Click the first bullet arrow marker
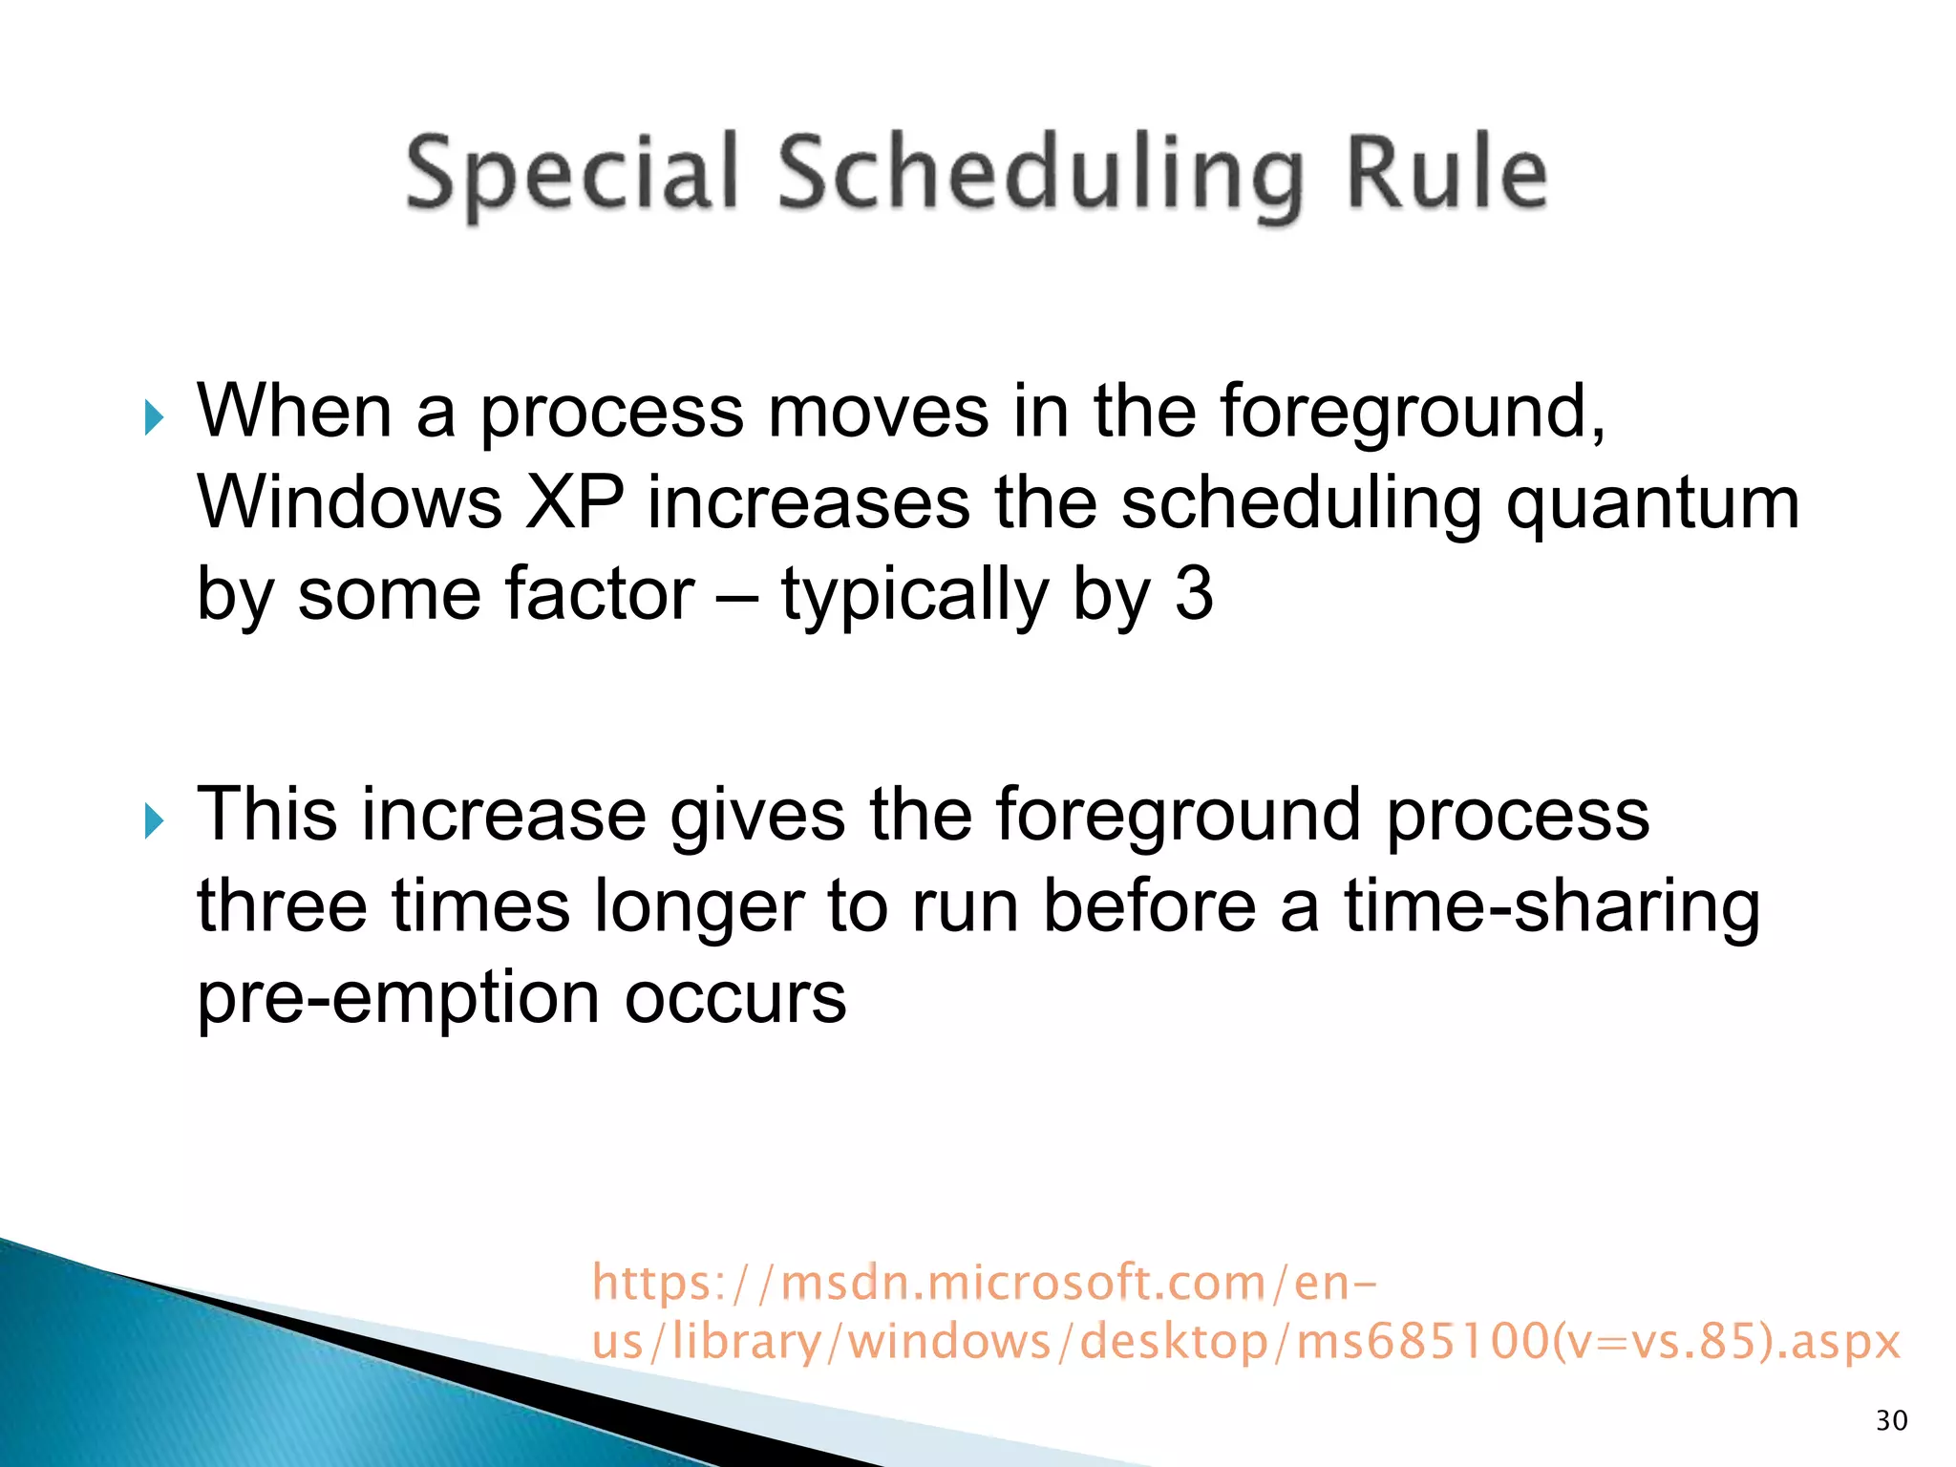coord(154,418)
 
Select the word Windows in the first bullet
coord(350,503)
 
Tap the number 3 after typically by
coord(1194,594)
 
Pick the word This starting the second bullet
coord(266,814)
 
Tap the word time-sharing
coord(1552,907)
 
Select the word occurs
coord(735,999)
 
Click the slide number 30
coord(1891,1421)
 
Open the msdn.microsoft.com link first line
coord(984,1282)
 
